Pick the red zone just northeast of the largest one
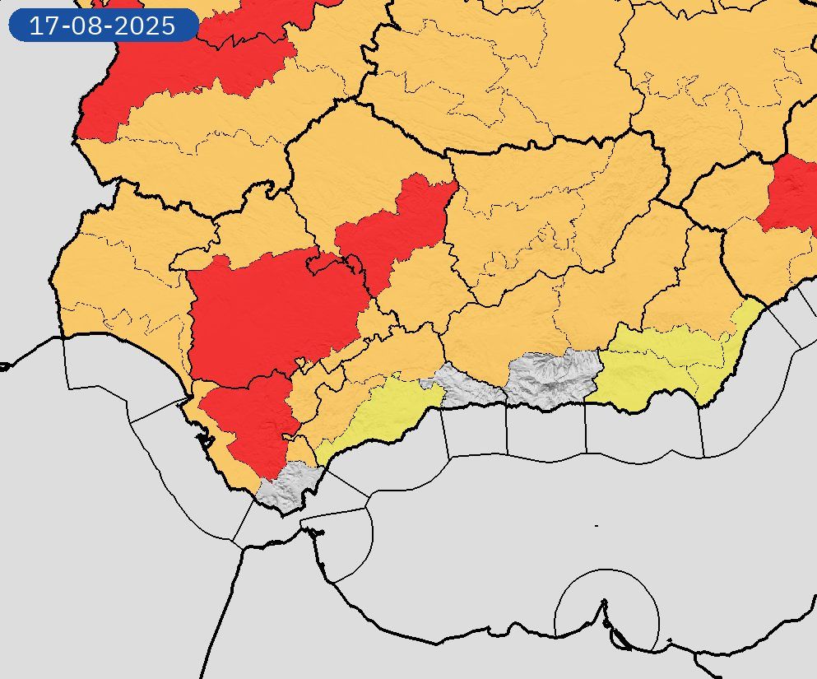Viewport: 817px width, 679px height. coord(399,226)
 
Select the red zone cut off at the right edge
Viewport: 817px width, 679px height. coord(791,193)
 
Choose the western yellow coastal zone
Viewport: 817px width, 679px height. coord(383,416)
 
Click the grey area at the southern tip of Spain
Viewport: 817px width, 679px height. coord(288,487)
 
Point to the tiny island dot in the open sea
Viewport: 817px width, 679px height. coord(597,525)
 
